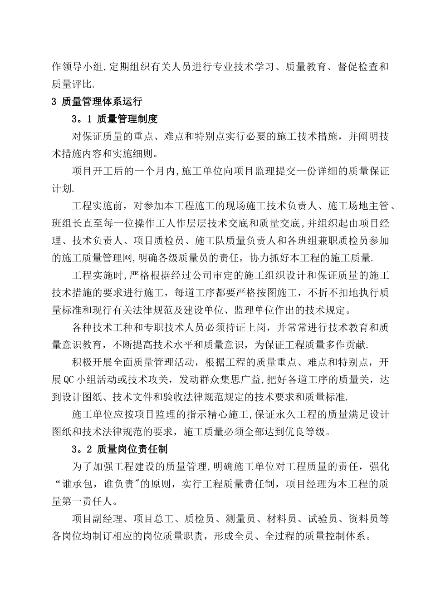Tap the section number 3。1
[82, 119]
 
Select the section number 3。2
[82, 449]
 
